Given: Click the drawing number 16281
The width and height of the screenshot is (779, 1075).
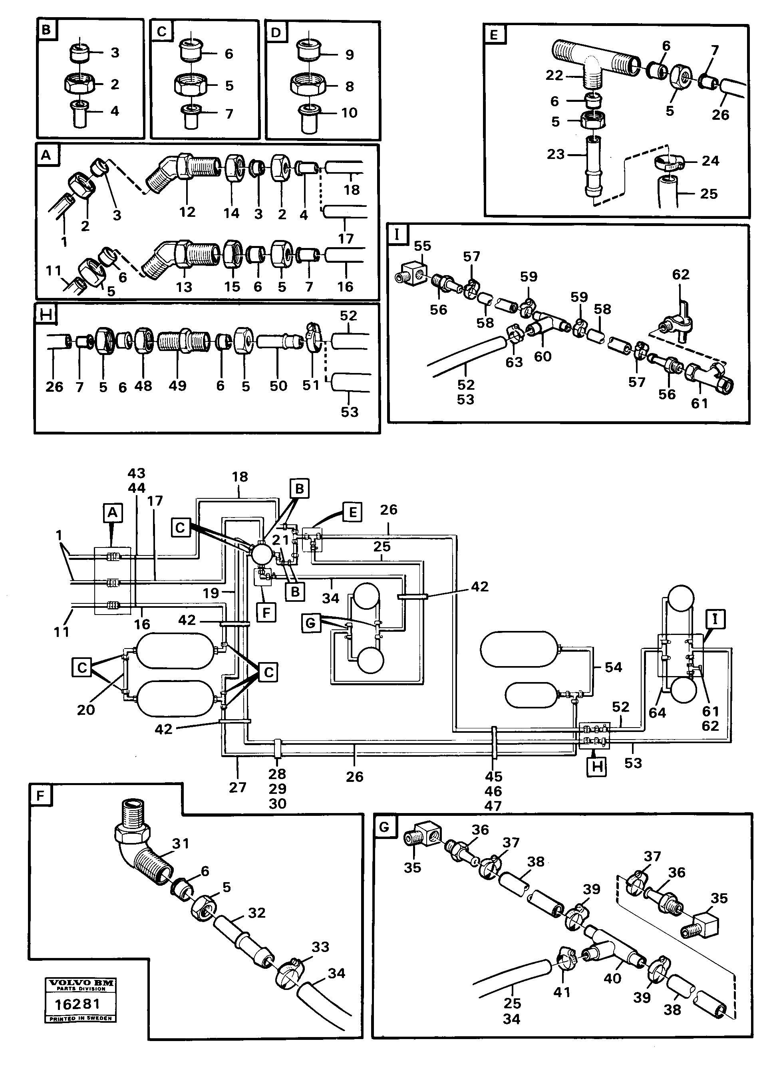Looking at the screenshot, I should coord(77,1004).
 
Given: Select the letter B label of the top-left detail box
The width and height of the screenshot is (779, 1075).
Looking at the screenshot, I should coord(46,30).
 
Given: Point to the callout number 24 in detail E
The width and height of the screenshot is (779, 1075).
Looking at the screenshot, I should coord(710,161).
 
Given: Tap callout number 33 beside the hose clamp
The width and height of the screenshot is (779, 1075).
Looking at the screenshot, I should coord(320,946).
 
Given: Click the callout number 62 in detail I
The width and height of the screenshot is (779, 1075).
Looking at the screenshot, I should coord(680,274).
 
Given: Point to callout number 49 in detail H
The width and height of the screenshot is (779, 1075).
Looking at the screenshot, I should coord(177,385).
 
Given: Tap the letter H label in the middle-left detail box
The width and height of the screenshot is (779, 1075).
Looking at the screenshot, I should coord(46,315).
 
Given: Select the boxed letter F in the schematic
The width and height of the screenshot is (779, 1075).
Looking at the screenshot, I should coord(266,613).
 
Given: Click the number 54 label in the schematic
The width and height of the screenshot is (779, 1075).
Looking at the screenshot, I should coord(613,667).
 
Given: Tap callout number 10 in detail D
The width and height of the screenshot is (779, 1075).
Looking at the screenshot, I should coord(350,113).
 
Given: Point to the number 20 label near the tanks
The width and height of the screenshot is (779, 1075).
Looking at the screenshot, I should coord(86,710).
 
